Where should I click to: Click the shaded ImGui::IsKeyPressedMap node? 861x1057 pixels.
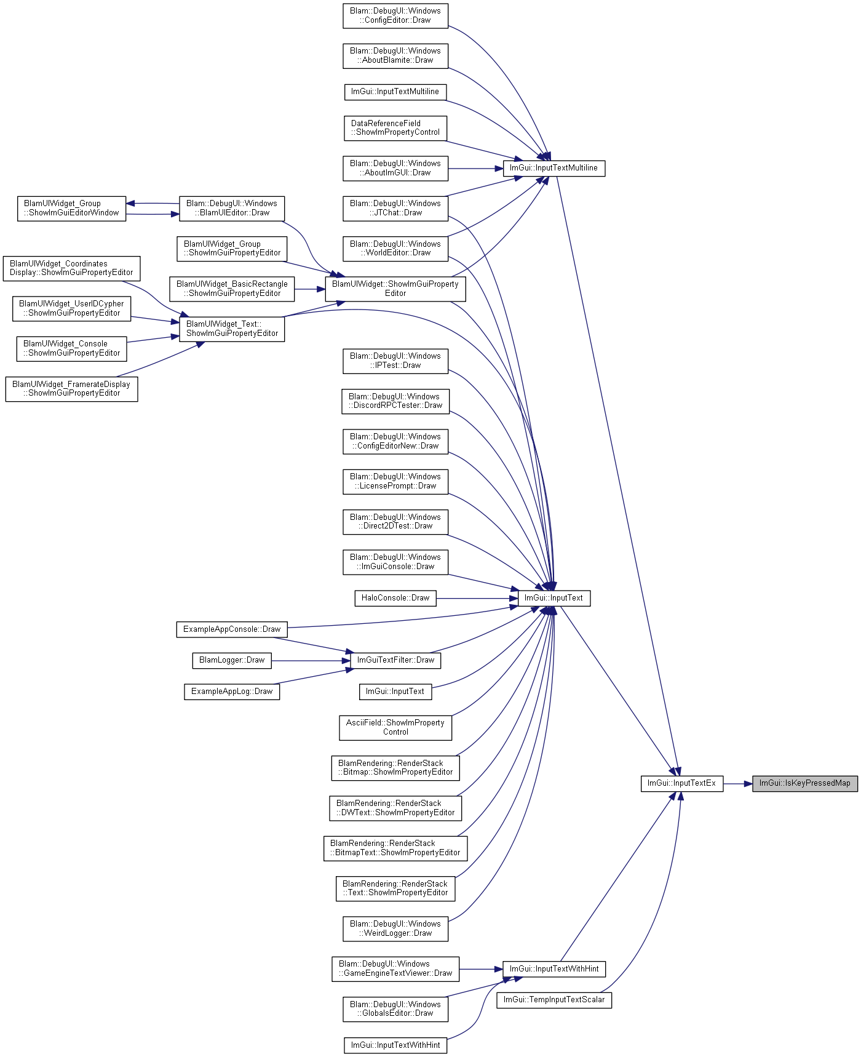pos(804,783)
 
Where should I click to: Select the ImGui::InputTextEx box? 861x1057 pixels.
pos(682,783)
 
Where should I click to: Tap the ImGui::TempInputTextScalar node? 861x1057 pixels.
pos(554,1000)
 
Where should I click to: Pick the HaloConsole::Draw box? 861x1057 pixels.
pos(395,598)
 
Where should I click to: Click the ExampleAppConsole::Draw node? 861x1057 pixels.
pos(232,629)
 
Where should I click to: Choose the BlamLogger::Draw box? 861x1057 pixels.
pos(232,660)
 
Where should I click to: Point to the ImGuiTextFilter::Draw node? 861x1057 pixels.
pos(395,660)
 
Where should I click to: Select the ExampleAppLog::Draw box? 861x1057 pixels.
pos(232,692)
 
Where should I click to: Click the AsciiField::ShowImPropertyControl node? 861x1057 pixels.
pos(395,727)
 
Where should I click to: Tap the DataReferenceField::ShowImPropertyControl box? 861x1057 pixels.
pos(395,128)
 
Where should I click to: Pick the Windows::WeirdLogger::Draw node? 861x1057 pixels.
pos(395,928)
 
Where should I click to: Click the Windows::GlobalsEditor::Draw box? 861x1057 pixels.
pos(395,1009)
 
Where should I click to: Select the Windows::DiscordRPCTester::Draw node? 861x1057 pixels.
pos(395,401)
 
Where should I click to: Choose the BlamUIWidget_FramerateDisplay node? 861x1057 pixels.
pos(71,389)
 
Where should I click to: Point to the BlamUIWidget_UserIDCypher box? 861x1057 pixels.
pos(71,308)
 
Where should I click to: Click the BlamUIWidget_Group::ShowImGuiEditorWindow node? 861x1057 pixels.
pos(71,208)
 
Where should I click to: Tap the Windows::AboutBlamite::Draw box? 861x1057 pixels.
pos(395,55)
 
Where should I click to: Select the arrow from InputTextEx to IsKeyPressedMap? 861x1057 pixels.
pos(738,783)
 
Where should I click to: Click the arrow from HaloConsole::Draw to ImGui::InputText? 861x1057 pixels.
pos(477,598)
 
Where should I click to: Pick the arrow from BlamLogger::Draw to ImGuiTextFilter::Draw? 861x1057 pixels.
pos(311,661)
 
